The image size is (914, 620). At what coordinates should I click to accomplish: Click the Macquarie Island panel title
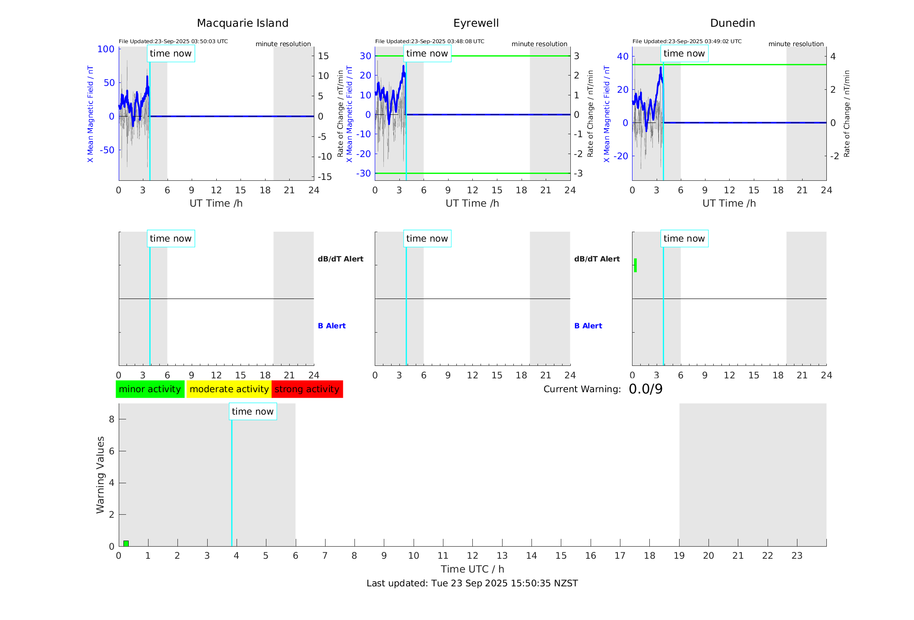click(x=242, y=23)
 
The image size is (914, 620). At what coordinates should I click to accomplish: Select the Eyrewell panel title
click(x=476, y=23)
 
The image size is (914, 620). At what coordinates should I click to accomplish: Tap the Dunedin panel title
click(x=732, y=23)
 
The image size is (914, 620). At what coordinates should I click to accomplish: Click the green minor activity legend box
click(x=150, y=389)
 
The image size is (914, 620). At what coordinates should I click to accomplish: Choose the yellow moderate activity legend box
click(x=229, y=389)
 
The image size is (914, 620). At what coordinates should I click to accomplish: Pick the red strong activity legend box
click(x=307, y=389)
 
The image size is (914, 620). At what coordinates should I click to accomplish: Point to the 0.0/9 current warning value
click(x=645, y=389)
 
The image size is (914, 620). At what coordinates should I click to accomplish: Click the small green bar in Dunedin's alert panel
click(x=635, y=265)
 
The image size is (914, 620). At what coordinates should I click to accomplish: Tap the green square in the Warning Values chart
click(x=126, y=543)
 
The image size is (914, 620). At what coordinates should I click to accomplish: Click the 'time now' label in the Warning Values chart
click(x=253, y=412)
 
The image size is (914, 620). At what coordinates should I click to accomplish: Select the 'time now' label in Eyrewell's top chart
click(x=427, y=54)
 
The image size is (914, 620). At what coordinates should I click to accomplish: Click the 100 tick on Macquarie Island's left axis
click(x=106, y=49)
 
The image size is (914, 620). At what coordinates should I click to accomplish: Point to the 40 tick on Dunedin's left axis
click(x=623, y=56)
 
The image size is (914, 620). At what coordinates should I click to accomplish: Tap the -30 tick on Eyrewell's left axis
click(x=364, y=173)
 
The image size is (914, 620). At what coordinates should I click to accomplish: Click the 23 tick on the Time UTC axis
click(x=797, y=556)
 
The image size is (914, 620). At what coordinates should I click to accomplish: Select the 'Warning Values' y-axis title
click(x=100, y=475)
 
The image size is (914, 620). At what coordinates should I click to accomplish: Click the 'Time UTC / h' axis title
click(x=472, y=569)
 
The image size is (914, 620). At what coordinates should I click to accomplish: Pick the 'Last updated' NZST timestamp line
click(x=472, y=583)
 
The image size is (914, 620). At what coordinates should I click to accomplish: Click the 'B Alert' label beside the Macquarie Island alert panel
click(x=332, y=326)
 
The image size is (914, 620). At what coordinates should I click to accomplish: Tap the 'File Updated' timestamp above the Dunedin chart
click(x=687, y=41)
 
